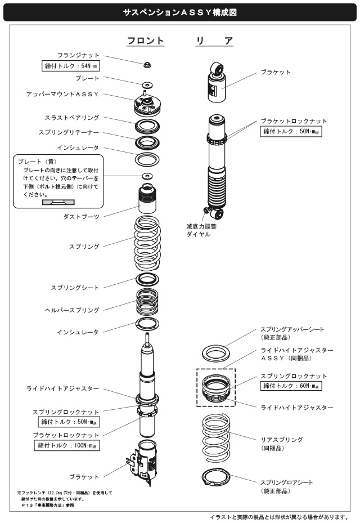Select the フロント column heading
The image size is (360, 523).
[145, 41]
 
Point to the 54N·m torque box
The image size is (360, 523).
[71, 66]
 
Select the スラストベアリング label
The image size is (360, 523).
[72, 118]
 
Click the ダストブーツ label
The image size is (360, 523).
[82, 216]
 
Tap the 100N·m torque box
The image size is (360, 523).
[66, 446]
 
